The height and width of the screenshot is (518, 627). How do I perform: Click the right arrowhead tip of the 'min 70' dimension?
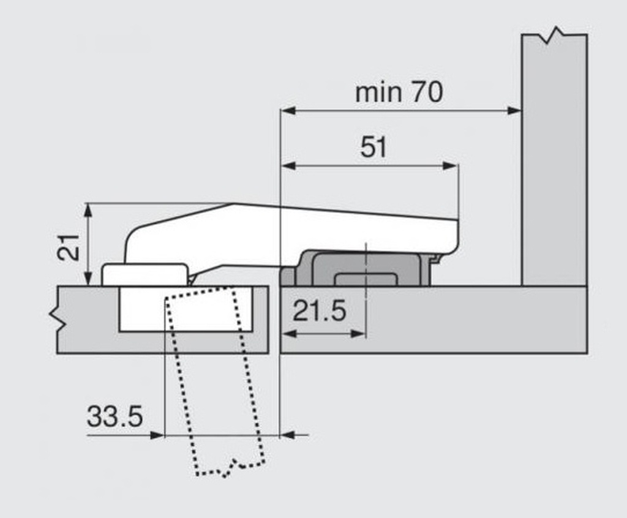[x=521, y=110]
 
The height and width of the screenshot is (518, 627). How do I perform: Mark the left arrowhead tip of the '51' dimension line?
[x=281, y=165]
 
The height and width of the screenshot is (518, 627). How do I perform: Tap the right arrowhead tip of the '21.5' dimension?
[x=365, y=334]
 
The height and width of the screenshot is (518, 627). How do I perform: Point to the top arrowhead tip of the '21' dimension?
[x=88, y=204]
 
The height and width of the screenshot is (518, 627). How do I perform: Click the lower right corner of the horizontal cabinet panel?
[x=587, y=353]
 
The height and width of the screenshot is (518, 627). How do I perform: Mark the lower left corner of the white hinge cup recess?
[x=119, y=332]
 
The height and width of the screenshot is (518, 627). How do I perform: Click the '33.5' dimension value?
[x=115, y=416]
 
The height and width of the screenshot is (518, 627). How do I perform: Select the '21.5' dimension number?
[x=319, y=311]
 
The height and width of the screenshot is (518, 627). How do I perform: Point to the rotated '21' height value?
[x=69, y=247]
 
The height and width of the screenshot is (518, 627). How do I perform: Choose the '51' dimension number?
[x=374, y=147]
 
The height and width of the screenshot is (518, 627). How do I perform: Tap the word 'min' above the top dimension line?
[x=378, y=93]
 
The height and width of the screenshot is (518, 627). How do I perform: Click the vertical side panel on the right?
[x=554, y=160]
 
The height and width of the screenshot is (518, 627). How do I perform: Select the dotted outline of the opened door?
[x=215, y=381]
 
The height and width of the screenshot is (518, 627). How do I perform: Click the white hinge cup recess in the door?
[x=186, y=309]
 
